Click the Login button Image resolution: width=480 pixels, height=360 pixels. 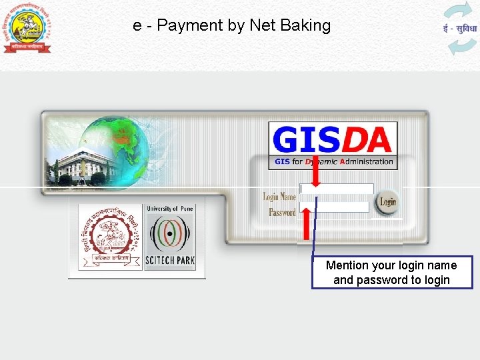click(x=387, y=202)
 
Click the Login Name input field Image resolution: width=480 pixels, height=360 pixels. click(x=337, y=189)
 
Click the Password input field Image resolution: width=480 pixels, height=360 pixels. click(x=335, y=207)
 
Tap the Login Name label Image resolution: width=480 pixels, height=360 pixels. click(x=279, y=197)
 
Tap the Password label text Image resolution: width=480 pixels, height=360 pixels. click(x=282, y=213)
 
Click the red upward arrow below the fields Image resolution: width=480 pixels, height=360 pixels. click(x=307, y=223)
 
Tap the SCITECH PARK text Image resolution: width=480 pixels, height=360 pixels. click(x=170, y=261)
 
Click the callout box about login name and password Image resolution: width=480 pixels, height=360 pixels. click(x=392, y=273)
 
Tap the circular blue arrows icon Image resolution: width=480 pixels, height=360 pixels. click(x=460, y=29)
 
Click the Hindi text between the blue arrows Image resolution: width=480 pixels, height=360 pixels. click(x=460, y=29)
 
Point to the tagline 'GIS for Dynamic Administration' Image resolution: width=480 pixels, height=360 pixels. click(x=333, y=161)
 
